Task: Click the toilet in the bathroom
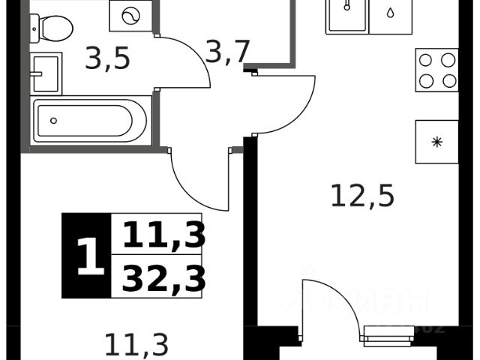click(x=52, y=28)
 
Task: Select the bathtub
click(x=91, y=120)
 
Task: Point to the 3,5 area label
click(x=107, y=58)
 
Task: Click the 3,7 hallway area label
click(x=227, y=52)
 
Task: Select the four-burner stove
click(x=437, y=70)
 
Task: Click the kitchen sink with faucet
click(x=347, y=13)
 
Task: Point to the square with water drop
click(x=391, y=13)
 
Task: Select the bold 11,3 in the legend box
click(x=163, y=236)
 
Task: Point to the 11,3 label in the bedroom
click(x=136, y=344)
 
